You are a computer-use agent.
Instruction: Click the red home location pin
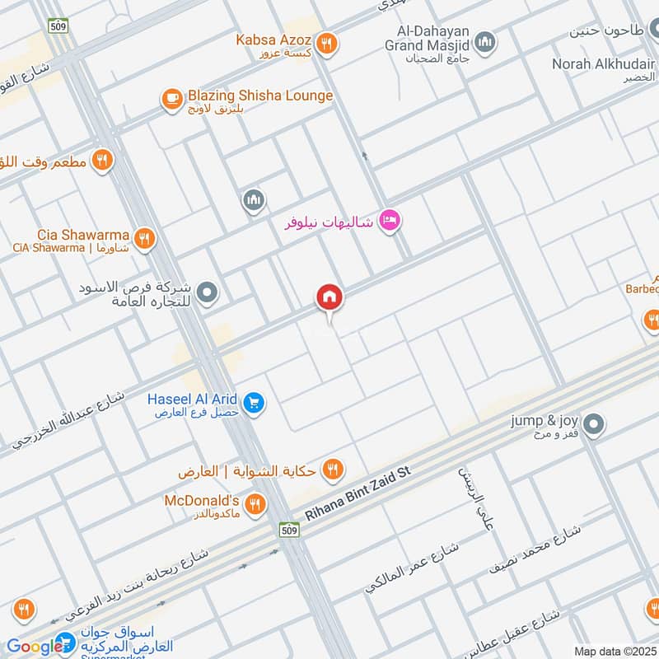point(329,297)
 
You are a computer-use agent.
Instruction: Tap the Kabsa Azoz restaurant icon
point(327,44)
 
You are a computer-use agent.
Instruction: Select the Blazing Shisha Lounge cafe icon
point(171,100)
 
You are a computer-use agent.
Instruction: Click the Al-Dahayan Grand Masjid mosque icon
point(485,40)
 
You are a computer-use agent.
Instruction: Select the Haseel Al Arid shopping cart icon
point(254,402)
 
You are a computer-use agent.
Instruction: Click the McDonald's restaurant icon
point(256,503)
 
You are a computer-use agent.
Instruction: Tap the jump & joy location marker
point(595,425)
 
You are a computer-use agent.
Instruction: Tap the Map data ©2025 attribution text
point(614,651)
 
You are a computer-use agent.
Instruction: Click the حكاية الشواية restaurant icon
point(333,470)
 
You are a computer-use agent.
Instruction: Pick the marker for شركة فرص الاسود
point(208,292)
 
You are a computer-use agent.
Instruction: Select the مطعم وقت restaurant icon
point(102,161)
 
